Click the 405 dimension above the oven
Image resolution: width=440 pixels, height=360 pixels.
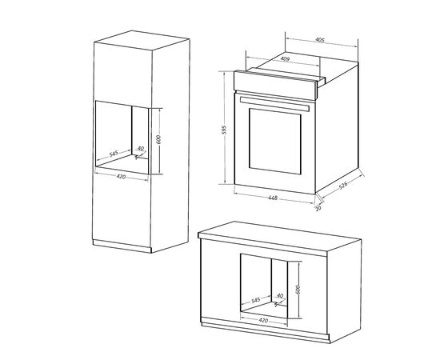pyautogui.click(x=320, y=40)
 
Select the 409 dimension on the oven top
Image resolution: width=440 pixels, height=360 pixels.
pyautogui.click(x=285, y=59)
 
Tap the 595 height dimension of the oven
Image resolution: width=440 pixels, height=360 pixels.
pyautogui.click(x=224, y=130)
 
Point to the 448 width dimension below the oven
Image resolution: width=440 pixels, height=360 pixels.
pyautogui.click(x=273, y=198)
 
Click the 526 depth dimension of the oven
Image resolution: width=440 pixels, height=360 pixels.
pyautogui.click(x=343, y=185)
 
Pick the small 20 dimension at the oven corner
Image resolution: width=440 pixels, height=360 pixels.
pyautogui.click(x=318, y=208)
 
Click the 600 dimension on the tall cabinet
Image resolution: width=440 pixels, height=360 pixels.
pyautogui.click(x=158, y=139)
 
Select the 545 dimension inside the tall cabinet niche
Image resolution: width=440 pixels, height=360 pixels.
pyautogui.click(x=114, y=154)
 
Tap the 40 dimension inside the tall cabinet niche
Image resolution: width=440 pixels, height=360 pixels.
pyautogui.click(x=141, y=149)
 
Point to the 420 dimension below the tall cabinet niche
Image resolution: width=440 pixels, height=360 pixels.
pyautogui.click(x=121, y=177)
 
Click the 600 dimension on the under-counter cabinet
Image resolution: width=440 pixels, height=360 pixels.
pyautogui.click(x=298, y=290)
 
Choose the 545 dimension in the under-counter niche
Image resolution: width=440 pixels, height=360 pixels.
pyautogui.click(x=256, y=300)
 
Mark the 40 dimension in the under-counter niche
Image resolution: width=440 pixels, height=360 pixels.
pyautogui.click(x=280, y=295)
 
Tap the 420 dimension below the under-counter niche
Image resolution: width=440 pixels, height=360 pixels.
pyautogui.click(x=263, y=320)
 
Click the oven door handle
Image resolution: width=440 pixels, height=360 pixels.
pyautogui.click(x=274, y=104)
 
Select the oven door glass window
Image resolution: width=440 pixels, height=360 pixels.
pyautogui.click(x=274, y=141)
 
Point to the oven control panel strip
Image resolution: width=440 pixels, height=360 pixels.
pyautogui.click(x=275, y=86)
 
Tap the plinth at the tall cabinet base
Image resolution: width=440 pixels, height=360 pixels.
pyautogui.click(x=122, y=246)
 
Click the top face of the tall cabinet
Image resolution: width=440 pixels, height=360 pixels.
pyautogui.click(x=142, y=40)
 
